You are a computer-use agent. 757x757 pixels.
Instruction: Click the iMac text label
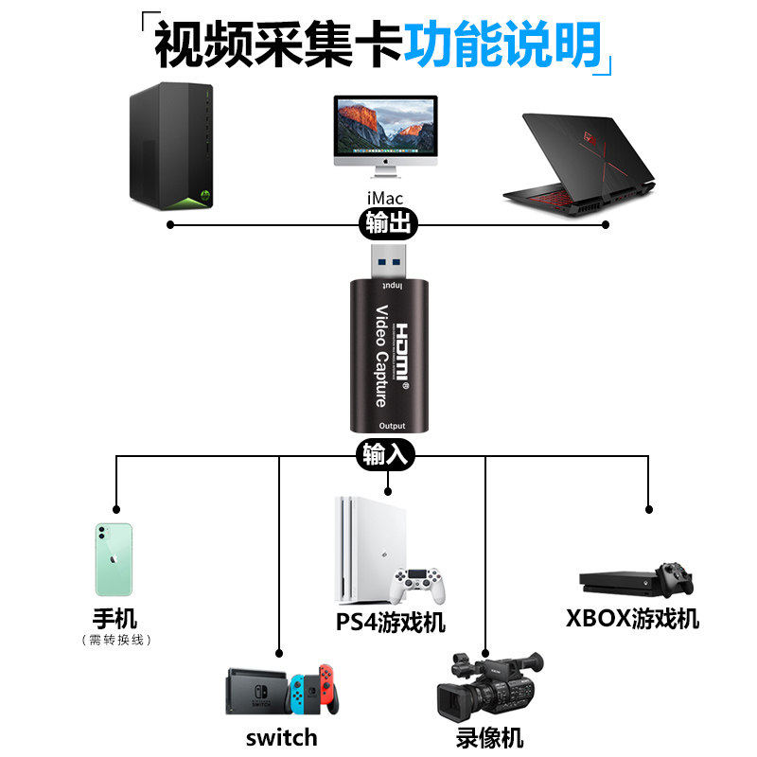385,198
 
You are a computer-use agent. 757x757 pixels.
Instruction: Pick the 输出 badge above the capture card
388,224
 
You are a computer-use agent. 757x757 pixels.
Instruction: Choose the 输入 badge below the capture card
385,454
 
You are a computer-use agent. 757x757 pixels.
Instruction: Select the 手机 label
114,620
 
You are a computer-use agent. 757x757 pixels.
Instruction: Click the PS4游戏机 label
390,623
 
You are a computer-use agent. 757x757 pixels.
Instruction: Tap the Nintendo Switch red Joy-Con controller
327,690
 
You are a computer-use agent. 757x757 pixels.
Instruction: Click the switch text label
281,737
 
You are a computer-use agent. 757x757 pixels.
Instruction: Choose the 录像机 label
488,737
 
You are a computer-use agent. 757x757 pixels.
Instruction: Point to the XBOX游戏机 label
632,619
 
